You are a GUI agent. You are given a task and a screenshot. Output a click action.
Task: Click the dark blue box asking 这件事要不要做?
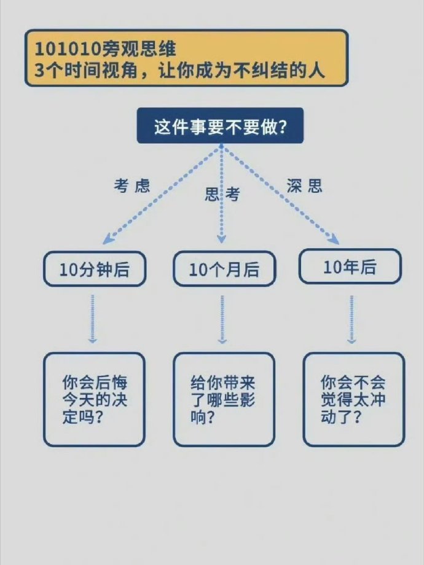(220, 125)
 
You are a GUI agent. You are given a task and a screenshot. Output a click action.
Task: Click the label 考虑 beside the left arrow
(132, 186)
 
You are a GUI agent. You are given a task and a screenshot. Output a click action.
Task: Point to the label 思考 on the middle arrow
(222, 195)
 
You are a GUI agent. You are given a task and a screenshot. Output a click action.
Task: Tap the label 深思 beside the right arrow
(305, 186)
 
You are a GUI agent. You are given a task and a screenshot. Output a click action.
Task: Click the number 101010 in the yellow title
(68, 49)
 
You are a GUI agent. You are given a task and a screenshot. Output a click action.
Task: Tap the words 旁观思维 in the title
(139, 49)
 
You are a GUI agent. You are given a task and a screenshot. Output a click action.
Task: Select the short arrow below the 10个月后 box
(222, 319)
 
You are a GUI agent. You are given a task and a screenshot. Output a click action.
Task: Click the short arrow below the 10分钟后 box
(93, 319)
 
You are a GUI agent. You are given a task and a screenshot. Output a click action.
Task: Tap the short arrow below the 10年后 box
(351, 319)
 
